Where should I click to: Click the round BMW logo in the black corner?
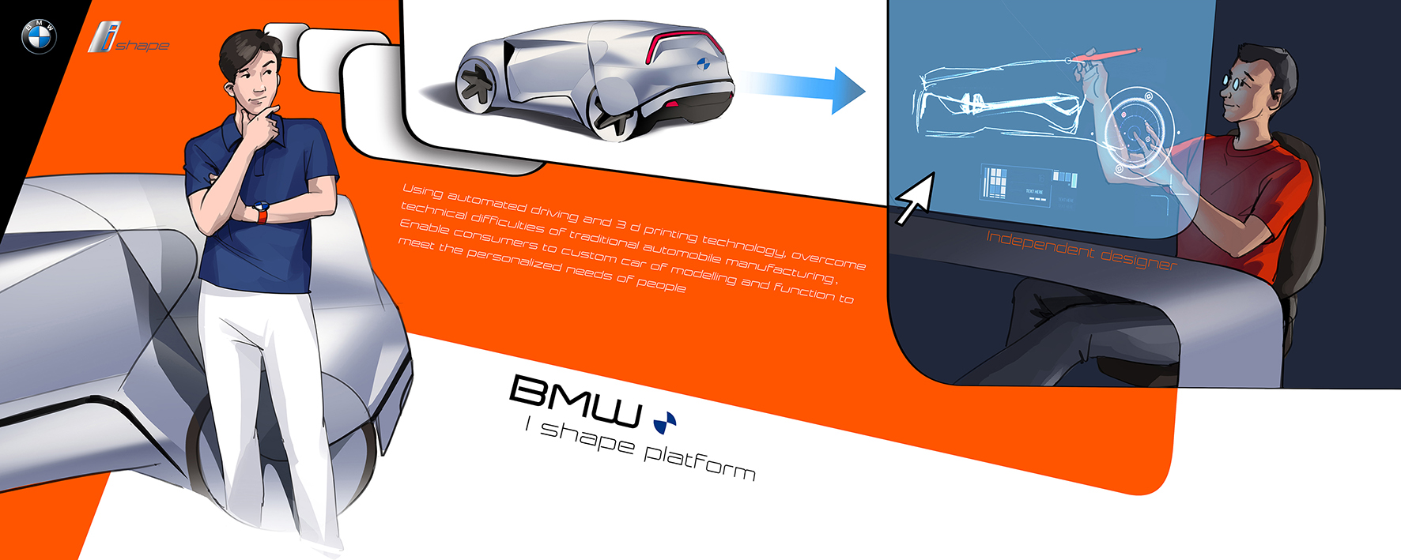tap(39, 36)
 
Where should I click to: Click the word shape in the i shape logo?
tap(143, 45)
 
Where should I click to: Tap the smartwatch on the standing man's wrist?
tap(261, 212)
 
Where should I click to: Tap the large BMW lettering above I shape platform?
tap(576, 400)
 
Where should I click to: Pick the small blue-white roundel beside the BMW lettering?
tap(665, 423)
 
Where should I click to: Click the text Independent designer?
tap(1081, 248)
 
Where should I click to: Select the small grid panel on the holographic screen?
tap(995, 182)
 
